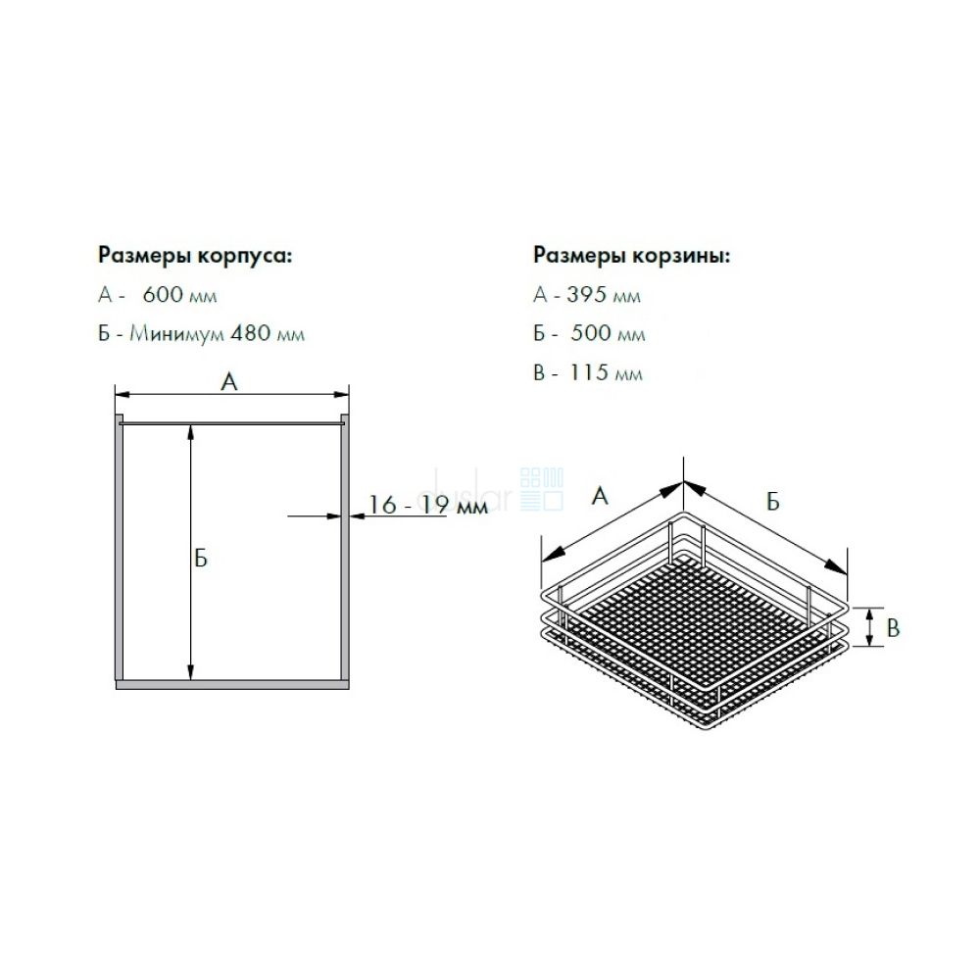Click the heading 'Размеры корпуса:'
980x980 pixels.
[194, 256]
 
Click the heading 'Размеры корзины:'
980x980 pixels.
[631, 256]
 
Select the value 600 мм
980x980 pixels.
[179, 294]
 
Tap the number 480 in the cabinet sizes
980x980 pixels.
[250, 333]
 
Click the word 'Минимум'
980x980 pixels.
[176, 334]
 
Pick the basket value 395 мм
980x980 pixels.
[604, 294]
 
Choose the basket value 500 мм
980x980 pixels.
[608, 333]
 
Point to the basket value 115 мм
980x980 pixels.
[606, 372]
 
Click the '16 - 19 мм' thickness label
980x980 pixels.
[427, 505]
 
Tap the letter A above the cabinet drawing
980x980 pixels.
[229, 381]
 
